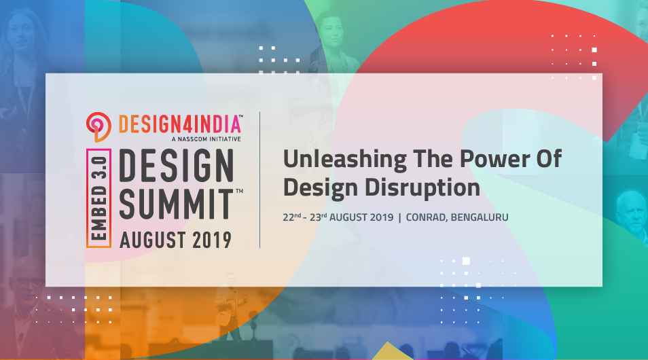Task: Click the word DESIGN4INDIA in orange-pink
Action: pos(181,124)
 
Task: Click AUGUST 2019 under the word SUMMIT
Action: pos(175,240)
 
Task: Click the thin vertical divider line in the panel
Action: pos(261,180)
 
